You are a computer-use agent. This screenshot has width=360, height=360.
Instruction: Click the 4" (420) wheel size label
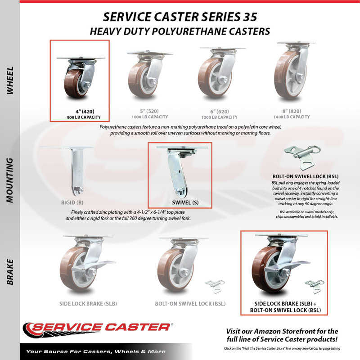coord(85,112)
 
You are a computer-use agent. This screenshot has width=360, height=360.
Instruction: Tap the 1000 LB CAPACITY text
coord(150,117)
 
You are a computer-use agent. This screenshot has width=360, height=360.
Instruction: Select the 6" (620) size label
coord(220,112)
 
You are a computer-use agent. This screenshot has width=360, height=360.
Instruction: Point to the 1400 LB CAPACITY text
coord(291,117)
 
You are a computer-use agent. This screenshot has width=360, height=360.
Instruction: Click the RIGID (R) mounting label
coord(72,202)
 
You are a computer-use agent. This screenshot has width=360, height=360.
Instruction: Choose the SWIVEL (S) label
coord(185,202)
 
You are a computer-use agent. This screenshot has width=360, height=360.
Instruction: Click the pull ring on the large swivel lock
coord(316,150)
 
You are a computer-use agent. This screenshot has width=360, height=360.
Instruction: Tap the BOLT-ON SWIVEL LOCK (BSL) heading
coord(306,176)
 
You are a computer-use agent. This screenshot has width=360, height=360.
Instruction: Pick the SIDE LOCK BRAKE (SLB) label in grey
coord(88,304)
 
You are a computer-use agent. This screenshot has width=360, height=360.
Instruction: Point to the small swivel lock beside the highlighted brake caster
coord(315,286)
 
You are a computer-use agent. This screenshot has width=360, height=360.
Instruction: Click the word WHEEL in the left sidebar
coord(10,81)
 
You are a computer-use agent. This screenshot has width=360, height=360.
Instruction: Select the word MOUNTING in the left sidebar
coord(10,180)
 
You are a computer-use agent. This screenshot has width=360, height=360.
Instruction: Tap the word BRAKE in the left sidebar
coord(10,272)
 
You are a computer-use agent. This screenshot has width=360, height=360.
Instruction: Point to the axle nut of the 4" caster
coord(87,85)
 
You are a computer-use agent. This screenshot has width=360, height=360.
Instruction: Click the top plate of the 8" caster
coord(293,43)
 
